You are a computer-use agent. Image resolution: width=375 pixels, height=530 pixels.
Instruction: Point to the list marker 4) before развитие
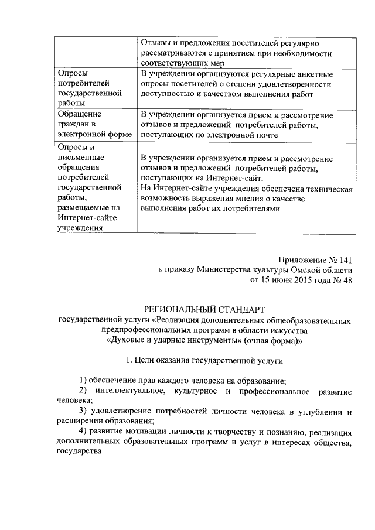tap(84, 432)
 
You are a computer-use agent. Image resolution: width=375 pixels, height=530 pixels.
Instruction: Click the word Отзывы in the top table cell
tap(156, 44)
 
